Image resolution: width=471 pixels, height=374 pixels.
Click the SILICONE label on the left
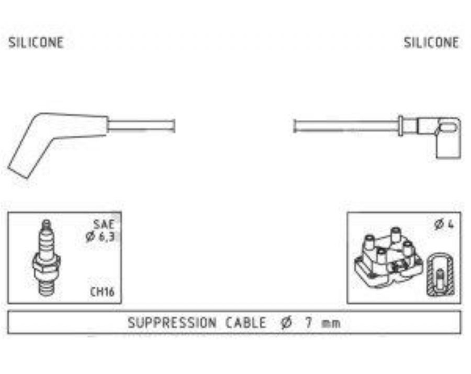pos(36,43)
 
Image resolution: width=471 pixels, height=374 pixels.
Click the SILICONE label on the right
pos(431,43)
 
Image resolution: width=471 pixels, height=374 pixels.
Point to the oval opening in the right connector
pos(448,127)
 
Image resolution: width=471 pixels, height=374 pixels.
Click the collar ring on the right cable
pos(400,126)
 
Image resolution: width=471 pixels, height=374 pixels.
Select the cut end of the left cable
pos(174,126)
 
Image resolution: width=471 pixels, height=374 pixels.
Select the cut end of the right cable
pos(295,126)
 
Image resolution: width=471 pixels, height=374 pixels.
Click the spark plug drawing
pos(46,258)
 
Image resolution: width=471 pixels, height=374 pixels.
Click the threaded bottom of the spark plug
pos(47,288)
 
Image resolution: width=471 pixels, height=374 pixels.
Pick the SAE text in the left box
pos(104,224)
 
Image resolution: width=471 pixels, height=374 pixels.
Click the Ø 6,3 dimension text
pos(100,237)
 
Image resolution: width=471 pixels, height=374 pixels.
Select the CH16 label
pos(102,291)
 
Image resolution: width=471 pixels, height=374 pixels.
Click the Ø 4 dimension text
pos(444,224)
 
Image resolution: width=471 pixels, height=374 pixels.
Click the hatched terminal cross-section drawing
pos(440,274)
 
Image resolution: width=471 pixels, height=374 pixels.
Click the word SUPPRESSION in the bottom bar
pos(172,323)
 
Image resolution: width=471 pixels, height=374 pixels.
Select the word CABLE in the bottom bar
pos(246,323)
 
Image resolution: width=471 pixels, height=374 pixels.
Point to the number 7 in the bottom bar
pos(309,323)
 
